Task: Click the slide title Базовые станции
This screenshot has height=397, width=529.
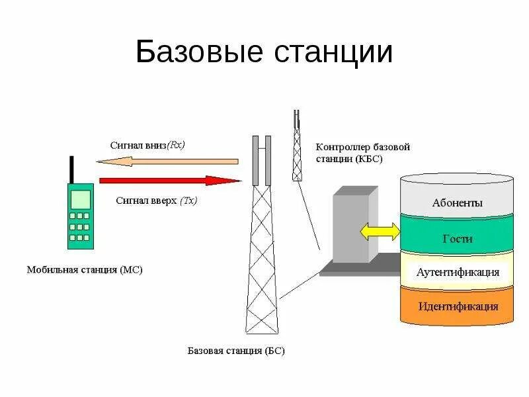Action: (x=264, y=52)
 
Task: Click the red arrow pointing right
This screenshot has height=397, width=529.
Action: (x=169, y=181)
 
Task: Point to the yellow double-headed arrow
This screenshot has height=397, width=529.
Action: (x=380, y=232)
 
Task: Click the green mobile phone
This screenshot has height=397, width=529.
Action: (x=79, y=216)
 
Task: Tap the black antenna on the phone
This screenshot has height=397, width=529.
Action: (x=71, y=170)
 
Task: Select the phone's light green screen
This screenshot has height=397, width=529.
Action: (x=80, y=198)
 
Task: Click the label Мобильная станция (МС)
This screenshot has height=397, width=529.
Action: (x=84, y=270)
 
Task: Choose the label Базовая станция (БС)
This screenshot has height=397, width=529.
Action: (x=236, y=351)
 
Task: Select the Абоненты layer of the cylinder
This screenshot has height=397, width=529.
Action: (x=457, y=203)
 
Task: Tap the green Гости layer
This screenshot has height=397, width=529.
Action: (x=457, y=239)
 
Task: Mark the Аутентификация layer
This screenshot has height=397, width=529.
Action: (x=457, y=273)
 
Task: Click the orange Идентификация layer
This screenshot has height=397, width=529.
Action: (x=457, y=306)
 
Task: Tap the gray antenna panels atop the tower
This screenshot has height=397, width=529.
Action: (x=261, y=160)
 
